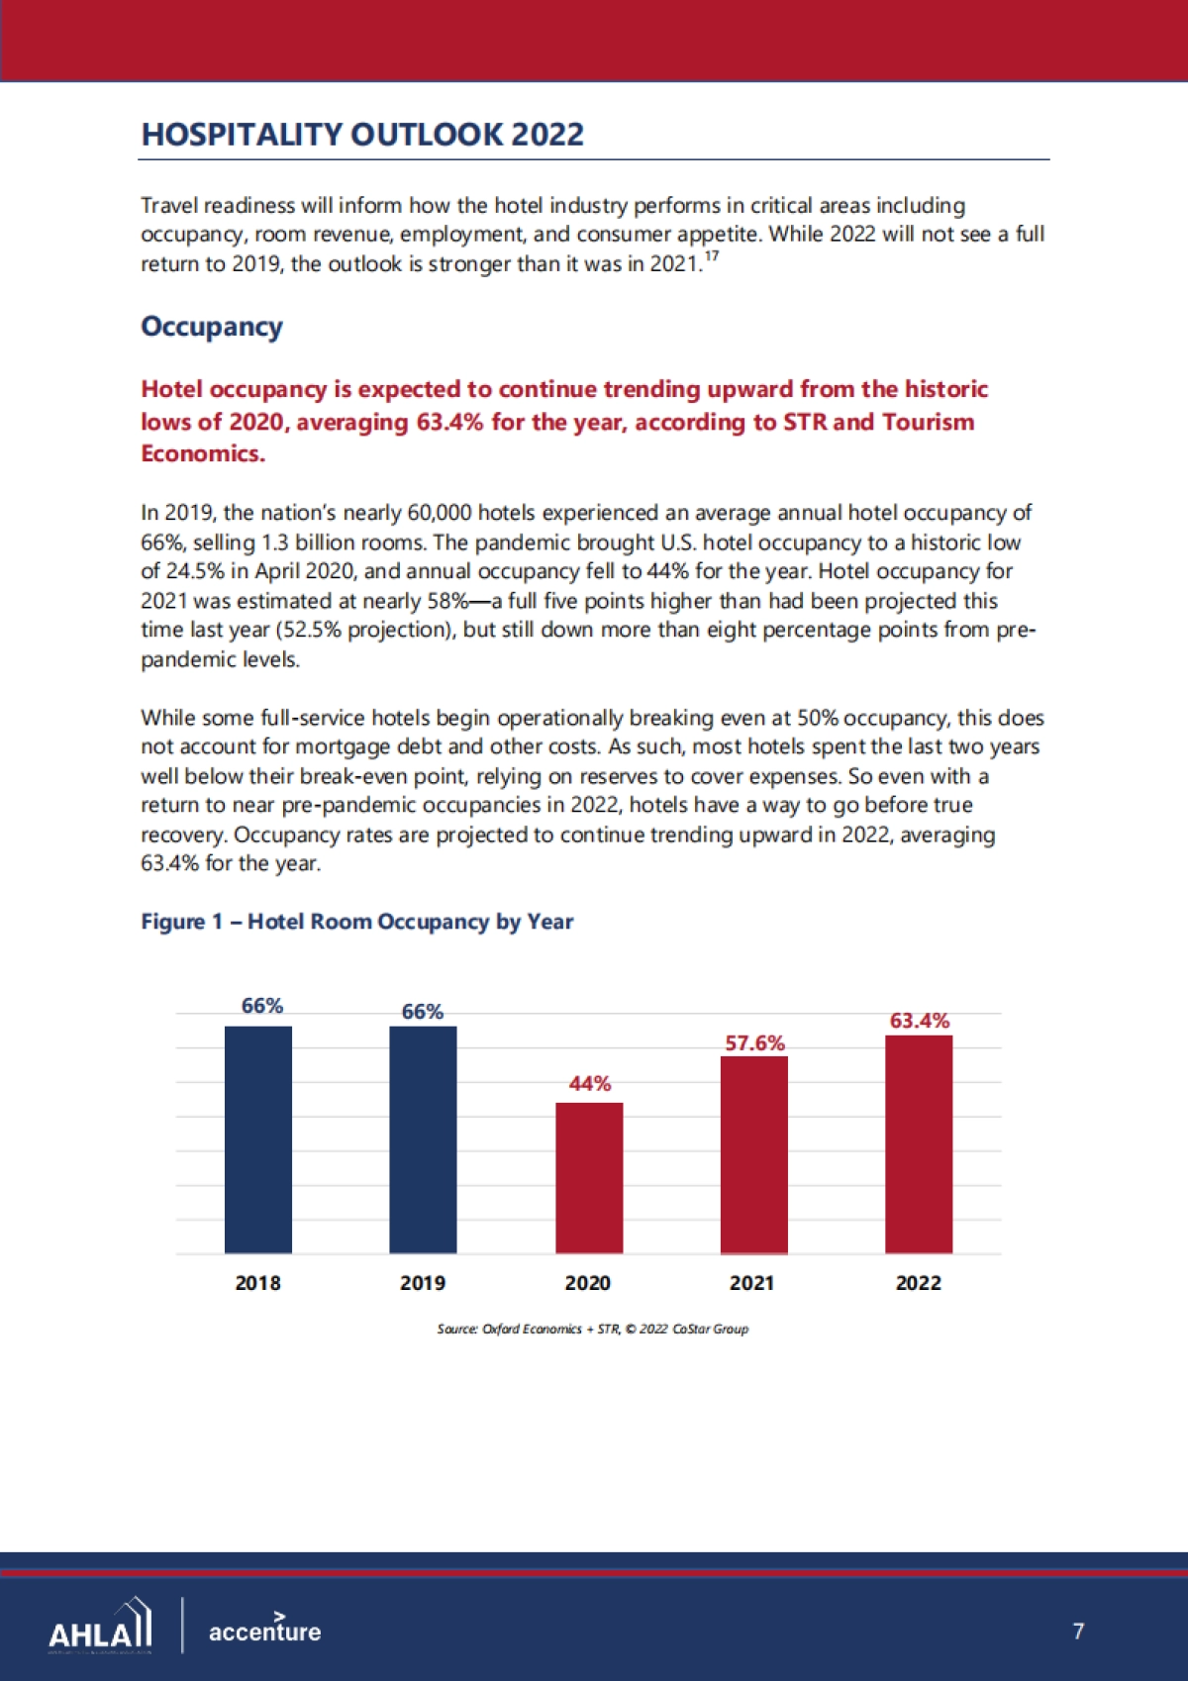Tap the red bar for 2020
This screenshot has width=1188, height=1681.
pos(589,1178)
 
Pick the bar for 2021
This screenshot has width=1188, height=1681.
pos(754,1154)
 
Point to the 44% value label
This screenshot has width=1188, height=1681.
pos(590,1084)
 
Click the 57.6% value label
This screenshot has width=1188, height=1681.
pos(755,1043)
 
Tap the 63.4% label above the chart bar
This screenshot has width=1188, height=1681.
pos(920,1021)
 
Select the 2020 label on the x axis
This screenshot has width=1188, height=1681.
pos(588,1283)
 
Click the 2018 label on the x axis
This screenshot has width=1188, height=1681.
pos(258,1283)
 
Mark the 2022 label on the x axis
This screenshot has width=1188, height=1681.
pos(919,1283)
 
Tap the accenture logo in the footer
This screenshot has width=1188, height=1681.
pos(264,1630)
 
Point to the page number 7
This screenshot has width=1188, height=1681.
pos(1078,1631)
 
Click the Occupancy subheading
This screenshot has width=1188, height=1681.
pos(212,327)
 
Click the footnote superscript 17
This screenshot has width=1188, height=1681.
pos(712,256)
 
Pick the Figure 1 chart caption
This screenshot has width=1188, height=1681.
pos(357,922)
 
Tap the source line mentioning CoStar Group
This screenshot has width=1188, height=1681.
pos(593,1329)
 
